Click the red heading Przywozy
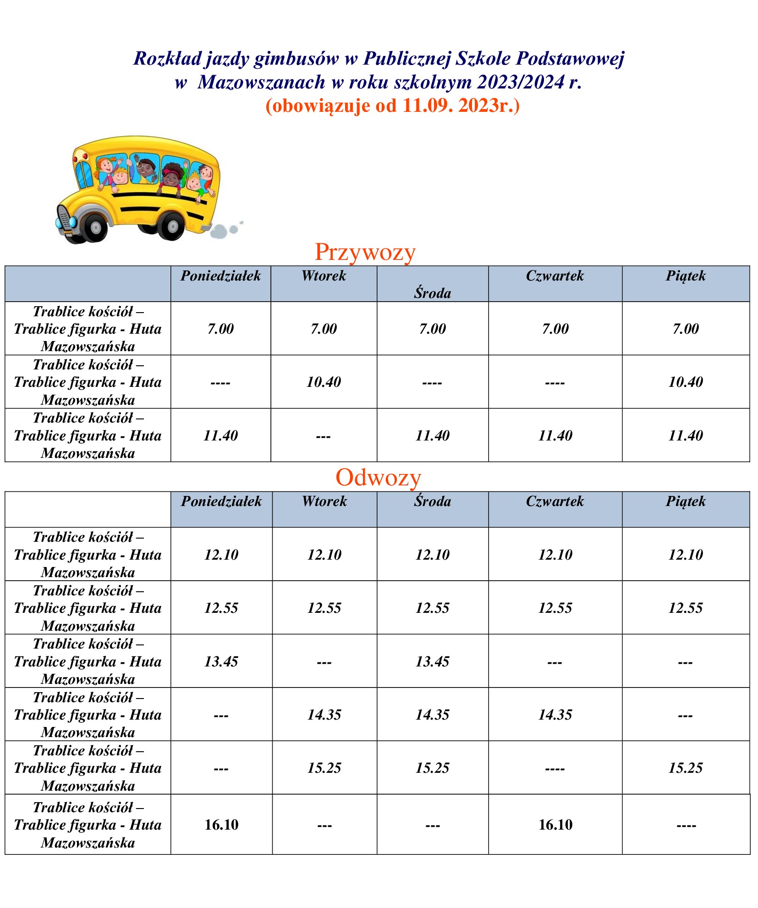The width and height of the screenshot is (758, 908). point(365,252)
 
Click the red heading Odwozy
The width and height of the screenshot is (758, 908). point(378,477)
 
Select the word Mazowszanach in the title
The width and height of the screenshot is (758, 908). point(261,83)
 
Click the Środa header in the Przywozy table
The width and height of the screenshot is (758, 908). point(432,292)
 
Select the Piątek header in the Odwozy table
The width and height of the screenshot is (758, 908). point(685,501)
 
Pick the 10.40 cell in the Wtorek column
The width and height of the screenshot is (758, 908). point(324,382)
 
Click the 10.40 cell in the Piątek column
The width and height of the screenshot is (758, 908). point(686,382)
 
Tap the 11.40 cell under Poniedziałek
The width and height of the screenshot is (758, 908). point(220,435)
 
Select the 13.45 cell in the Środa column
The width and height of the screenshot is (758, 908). point(432,661)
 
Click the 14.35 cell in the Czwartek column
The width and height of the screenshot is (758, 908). point(555,714)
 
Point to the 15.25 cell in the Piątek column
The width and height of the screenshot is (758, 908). point(686,768)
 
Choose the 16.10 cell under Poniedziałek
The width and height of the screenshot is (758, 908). point(221,825)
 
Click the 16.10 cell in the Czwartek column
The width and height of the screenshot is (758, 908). point(555,825)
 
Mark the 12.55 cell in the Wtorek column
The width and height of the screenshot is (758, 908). point(324,608)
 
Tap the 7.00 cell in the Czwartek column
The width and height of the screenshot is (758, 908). point(555,329)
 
